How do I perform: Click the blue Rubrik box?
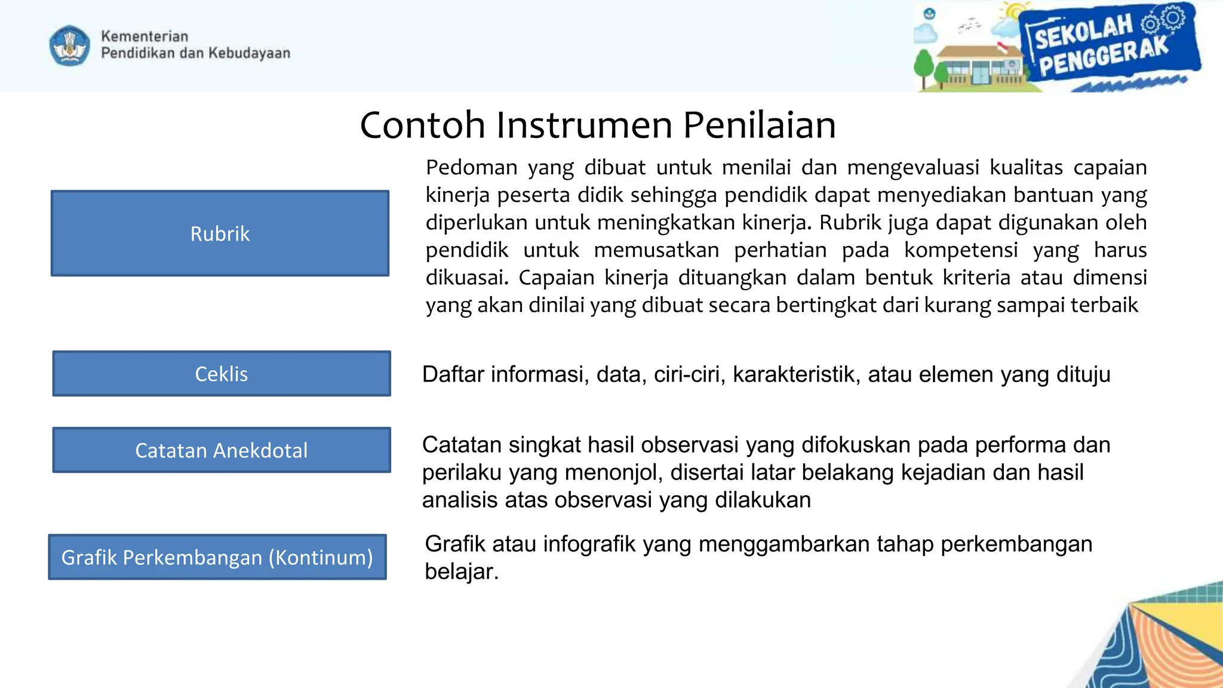[220, 234]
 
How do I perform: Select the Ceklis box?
[222, 374]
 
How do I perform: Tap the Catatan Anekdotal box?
[222, 450]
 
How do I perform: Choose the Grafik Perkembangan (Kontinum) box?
[217, 557]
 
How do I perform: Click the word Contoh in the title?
[422, 125]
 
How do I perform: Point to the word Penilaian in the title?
[759, 125]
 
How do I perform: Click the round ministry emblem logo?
[70, 45]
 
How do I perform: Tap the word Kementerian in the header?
[145, 36]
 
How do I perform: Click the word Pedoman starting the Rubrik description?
[471, 168]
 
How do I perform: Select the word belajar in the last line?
[460, 572]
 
